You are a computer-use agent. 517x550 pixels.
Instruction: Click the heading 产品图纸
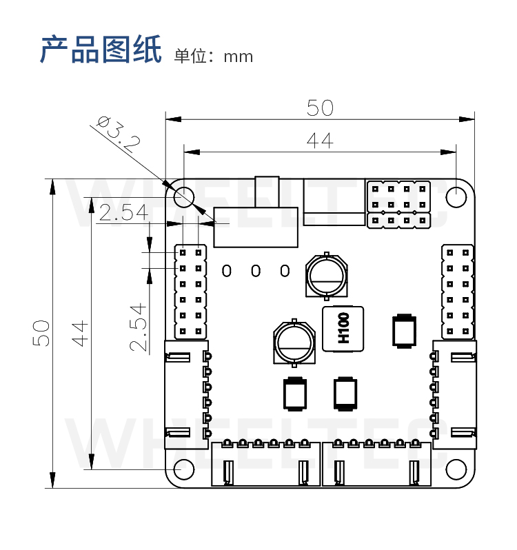[x=101, y=50]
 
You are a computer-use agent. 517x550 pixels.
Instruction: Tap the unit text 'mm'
[x=238, y=57]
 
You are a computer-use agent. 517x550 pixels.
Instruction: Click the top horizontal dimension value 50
[x=320, y=108]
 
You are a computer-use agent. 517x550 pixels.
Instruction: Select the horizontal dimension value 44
[x=320, y=141]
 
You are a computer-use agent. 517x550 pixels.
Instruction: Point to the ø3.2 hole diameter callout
[x=119, y=134]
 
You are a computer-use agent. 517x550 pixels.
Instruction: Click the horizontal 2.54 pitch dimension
[x=123, y=213]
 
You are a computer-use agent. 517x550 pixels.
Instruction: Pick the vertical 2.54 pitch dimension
[x=139, y=327]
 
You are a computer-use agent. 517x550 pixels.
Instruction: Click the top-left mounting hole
[x=183, y=197]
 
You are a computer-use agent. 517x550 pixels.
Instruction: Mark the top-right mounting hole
[x=456, y=197]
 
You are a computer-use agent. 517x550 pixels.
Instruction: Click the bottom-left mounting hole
[x=183, y=469]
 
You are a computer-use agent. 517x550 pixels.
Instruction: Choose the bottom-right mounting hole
[x=456, y=469]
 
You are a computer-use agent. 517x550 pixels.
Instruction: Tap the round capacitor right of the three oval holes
[x=326, y=276]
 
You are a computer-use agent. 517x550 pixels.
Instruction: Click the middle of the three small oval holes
[x=256, y=270]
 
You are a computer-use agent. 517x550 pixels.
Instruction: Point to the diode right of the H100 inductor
[x=403, y=331]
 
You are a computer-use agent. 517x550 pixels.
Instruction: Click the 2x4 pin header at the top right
[x=399, y=205]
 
